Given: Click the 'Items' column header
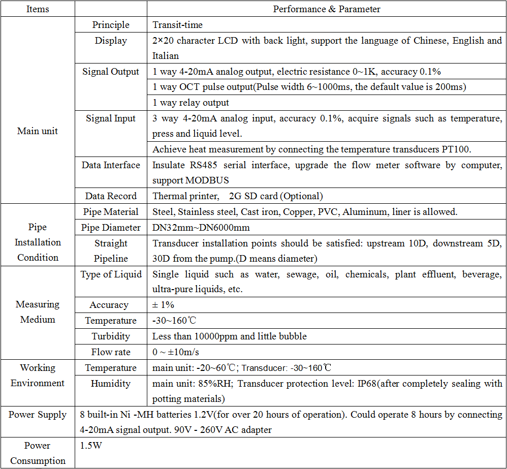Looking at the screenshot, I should pos(38,9).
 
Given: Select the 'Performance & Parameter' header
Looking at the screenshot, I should pos(327,9).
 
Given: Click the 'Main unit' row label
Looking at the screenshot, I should pos(38,131).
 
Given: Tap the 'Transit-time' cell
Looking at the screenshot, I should pos(178,25).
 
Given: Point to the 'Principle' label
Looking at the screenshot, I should pos(111,25).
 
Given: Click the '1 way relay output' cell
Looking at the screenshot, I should pos(191,103).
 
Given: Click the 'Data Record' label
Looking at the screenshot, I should pos(111,196).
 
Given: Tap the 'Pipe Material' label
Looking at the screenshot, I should pos(111,212).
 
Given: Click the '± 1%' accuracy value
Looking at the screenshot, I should pos(163,305).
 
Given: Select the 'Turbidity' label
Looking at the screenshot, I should pos(111,336).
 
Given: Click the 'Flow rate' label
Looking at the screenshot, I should pos(111,352).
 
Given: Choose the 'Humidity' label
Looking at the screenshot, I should pos(111,384).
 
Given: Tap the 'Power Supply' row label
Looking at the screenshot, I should pos(38,415).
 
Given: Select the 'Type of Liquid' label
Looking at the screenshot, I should pos(111,274).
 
